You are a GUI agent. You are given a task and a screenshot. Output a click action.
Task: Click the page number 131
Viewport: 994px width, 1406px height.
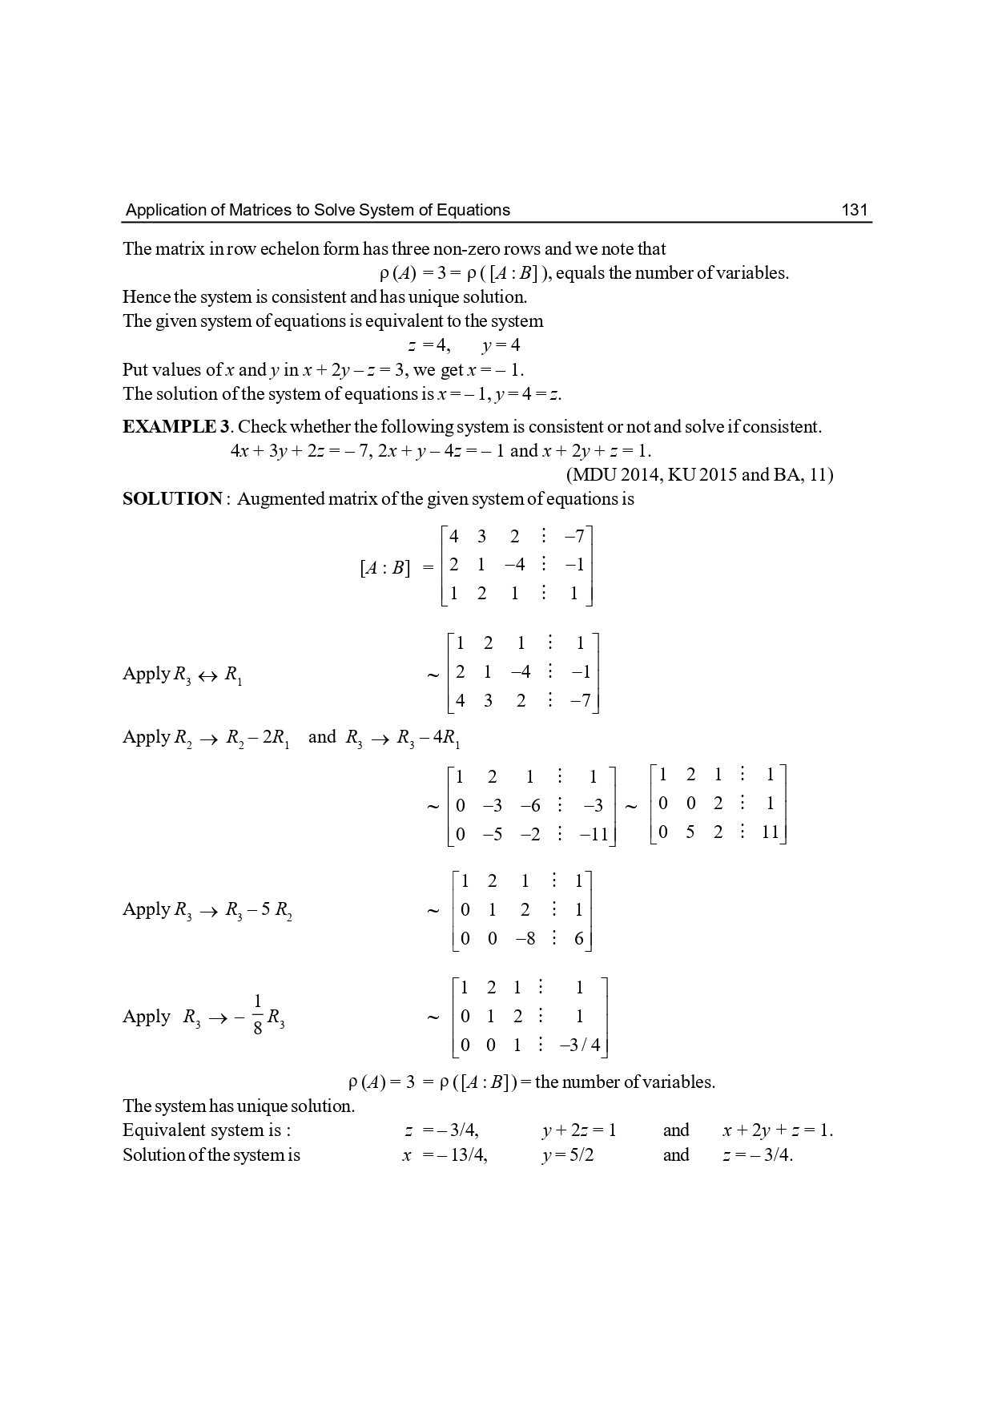855,210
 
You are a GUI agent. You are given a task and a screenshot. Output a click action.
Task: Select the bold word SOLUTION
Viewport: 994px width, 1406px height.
172,498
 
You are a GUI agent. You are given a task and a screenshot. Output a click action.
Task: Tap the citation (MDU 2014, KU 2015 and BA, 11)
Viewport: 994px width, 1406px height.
699,474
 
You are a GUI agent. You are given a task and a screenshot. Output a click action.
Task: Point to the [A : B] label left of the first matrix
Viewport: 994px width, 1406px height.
384,568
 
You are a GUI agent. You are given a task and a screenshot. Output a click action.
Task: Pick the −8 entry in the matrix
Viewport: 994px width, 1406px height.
525,938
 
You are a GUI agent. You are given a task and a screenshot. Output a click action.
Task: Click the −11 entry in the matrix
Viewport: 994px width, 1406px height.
594,834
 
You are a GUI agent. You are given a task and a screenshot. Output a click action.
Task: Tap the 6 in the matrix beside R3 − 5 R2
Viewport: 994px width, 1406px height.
579,938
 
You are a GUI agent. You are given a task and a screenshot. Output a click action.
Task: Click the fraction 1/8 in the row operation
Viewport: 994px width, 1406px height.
257,1014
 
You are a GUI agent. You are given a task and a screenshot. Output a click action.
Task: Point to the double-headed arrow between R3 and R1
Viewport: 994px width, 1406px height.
207,675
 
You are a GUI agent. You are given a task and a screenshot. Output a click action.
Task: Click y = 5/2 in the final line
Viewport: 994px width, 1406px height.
568,1154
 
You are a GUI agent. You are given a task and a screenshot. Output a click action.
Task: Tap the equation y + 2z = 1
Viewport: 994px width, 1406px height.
579,1130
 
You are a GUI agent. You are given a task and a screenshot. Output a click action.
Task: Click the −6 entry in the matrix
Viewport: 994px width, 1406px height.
529,805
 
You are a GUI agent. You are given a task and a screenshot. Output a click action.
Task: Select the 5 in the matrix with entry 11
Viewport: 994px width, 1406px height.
690,832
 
